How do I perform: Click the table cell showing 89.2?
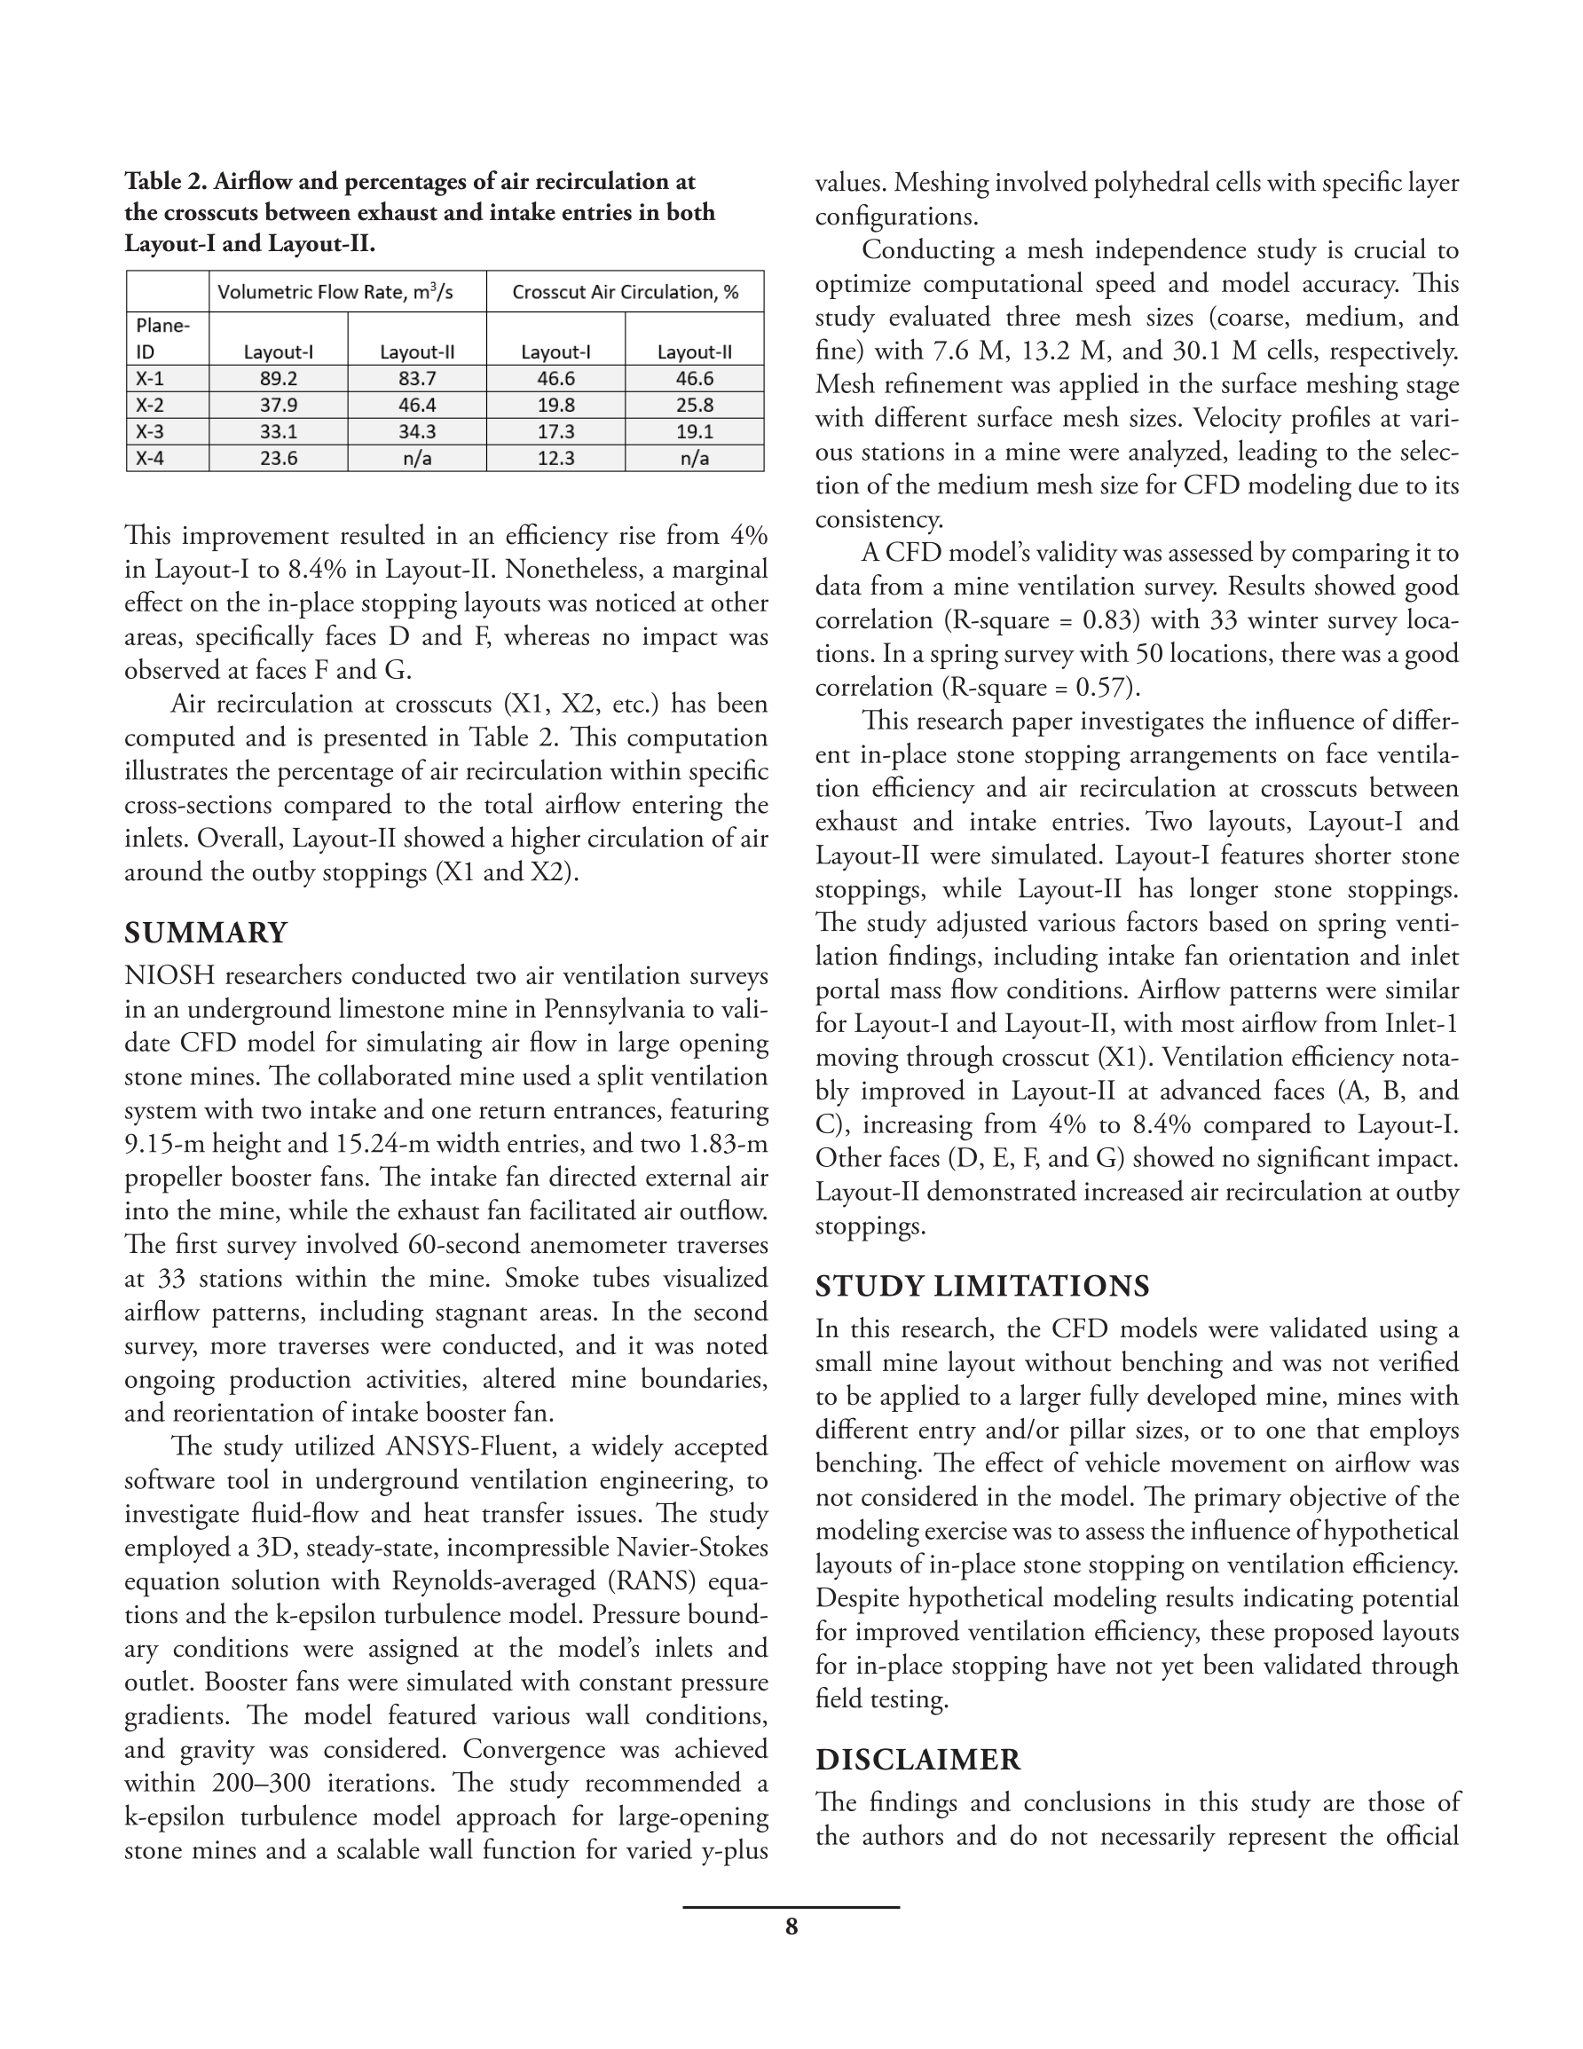click(278, 379)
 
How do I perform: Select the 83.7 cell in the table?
click(417, 379)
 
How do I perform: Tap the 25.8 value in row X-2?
click(695, 406)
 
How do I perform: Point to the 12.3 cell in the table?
click(555, 459)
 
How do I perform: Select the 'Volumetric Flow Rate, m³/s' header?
click(335, 292)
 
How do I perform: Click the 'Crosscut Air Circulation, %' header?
click(625, 292)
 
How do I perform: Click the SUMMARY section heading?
click(206, 933)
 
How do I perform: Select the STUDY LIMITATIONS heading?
click(981, 1285)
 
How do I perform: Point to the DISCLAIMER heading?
click(917, 1759)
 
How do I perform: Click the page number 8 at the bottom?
click(791, 1927)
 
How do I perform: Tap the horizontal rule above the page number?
click(791, 1907)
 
